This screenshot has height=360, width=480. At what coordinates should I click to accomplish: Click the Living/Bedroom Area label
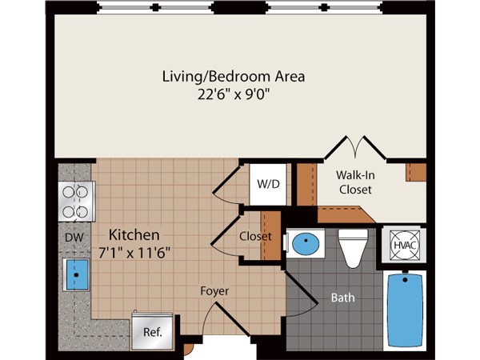click(234, 76)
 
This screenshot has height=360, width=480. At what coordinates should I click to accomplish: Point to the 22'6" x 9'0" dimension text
click(234, 94)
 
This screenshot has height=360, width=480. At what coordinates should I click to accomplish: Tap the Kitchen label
click(134, 235)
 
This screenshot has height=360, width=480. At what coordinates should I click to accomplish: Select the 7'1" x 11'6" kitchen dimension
click(134, 253)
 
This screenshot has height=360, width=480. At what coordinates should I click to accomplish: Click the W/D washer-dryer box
click(268, 184)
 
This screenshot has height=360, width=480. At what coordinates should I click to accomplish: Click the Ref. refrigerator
click(152, 332)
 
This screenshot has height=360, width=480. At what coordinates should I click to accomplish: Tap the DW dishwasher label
click(74, 238)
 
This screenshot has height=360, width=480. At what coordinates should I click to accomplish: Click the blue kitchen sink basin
click(76, 274)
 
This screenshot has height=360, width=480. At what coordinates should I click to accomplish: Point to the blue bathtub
click(405, 310)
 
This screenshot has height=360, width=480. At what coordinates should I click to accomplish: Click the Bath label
click(343, 298)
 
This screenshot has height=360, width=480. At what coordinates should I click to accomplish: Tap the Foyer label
click(214, 291)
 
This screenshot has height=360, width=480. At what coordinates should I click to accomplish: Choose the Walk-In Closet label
click(355, 182)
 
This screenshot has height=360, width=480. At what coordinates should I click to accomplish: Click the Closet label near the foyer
click(255, 236)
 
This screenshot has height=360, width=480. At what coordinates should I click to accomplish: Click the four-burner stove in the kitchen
click(77, 202)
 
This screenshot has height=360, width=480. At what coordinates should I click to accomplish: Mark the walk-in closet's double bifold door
click(355, 147)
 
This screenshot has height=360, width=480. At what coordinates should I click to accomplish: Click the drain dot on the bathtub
click(406, 279)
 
